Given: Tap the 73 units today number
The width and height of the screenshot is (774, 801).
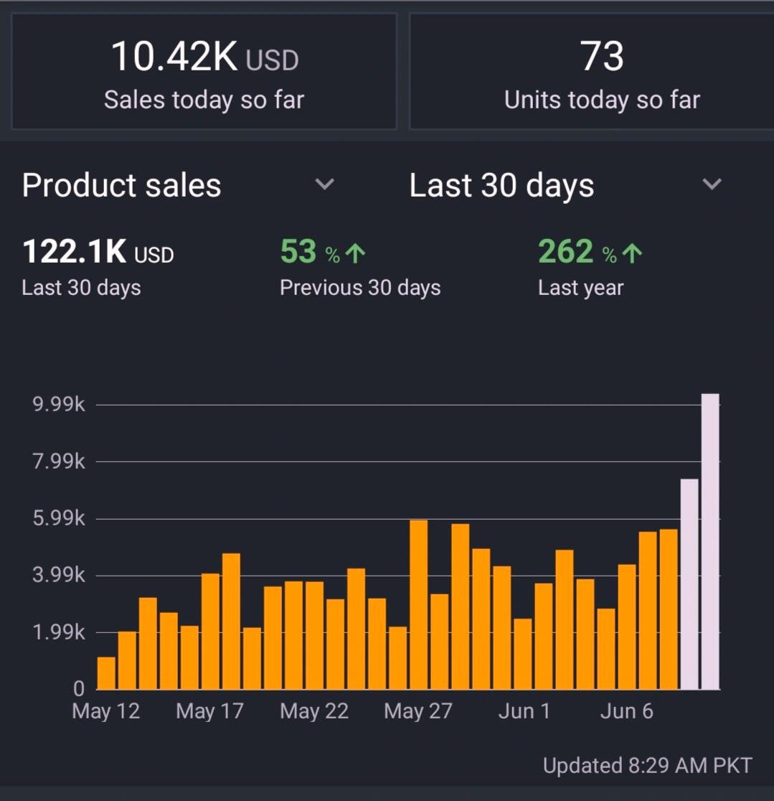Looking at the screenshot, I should point(602,57).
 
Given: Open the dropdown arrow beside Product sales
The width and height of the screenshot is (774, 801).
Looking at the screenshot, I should point(325,184).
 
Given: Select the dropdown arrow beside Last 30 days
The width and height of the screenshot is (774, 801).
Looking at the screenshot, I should point(712,184).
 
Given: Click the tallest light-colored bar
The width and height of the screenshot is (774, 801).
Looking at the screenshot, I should point(710,541).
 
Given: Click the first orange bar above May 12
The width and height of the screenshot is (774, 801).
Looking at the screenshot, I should point(106,673).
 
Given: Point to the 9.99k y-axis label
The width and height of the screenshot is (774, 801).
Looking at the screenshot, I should point(59,405).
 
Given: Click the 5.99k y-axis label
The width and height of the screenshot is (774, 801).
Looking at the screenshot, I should point(59,519).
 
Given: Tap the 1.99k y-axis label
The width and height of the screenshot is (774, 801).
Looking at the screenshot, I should point(59,632).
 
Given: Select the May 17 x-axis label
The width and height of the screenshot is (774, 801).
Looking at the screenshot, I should point(209,711).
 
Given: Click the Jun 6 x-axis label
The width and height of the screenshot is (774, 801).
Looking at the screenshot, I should point(626,711).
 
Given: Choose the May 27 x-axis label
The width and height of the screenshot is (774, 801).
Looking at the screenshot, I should point(418,711).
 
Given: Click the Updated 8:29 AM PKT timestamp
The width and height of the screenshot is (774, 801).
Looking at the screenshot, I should point(647,766).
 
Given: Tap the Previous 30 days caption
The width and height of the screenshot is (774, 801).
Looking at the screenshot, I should point(360,288).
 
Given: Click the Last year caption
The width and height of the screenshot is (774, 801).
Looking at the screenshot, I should point(580,288).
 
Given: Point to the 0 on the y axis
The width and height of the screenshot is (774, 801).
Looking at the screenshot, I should point(79,689).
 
